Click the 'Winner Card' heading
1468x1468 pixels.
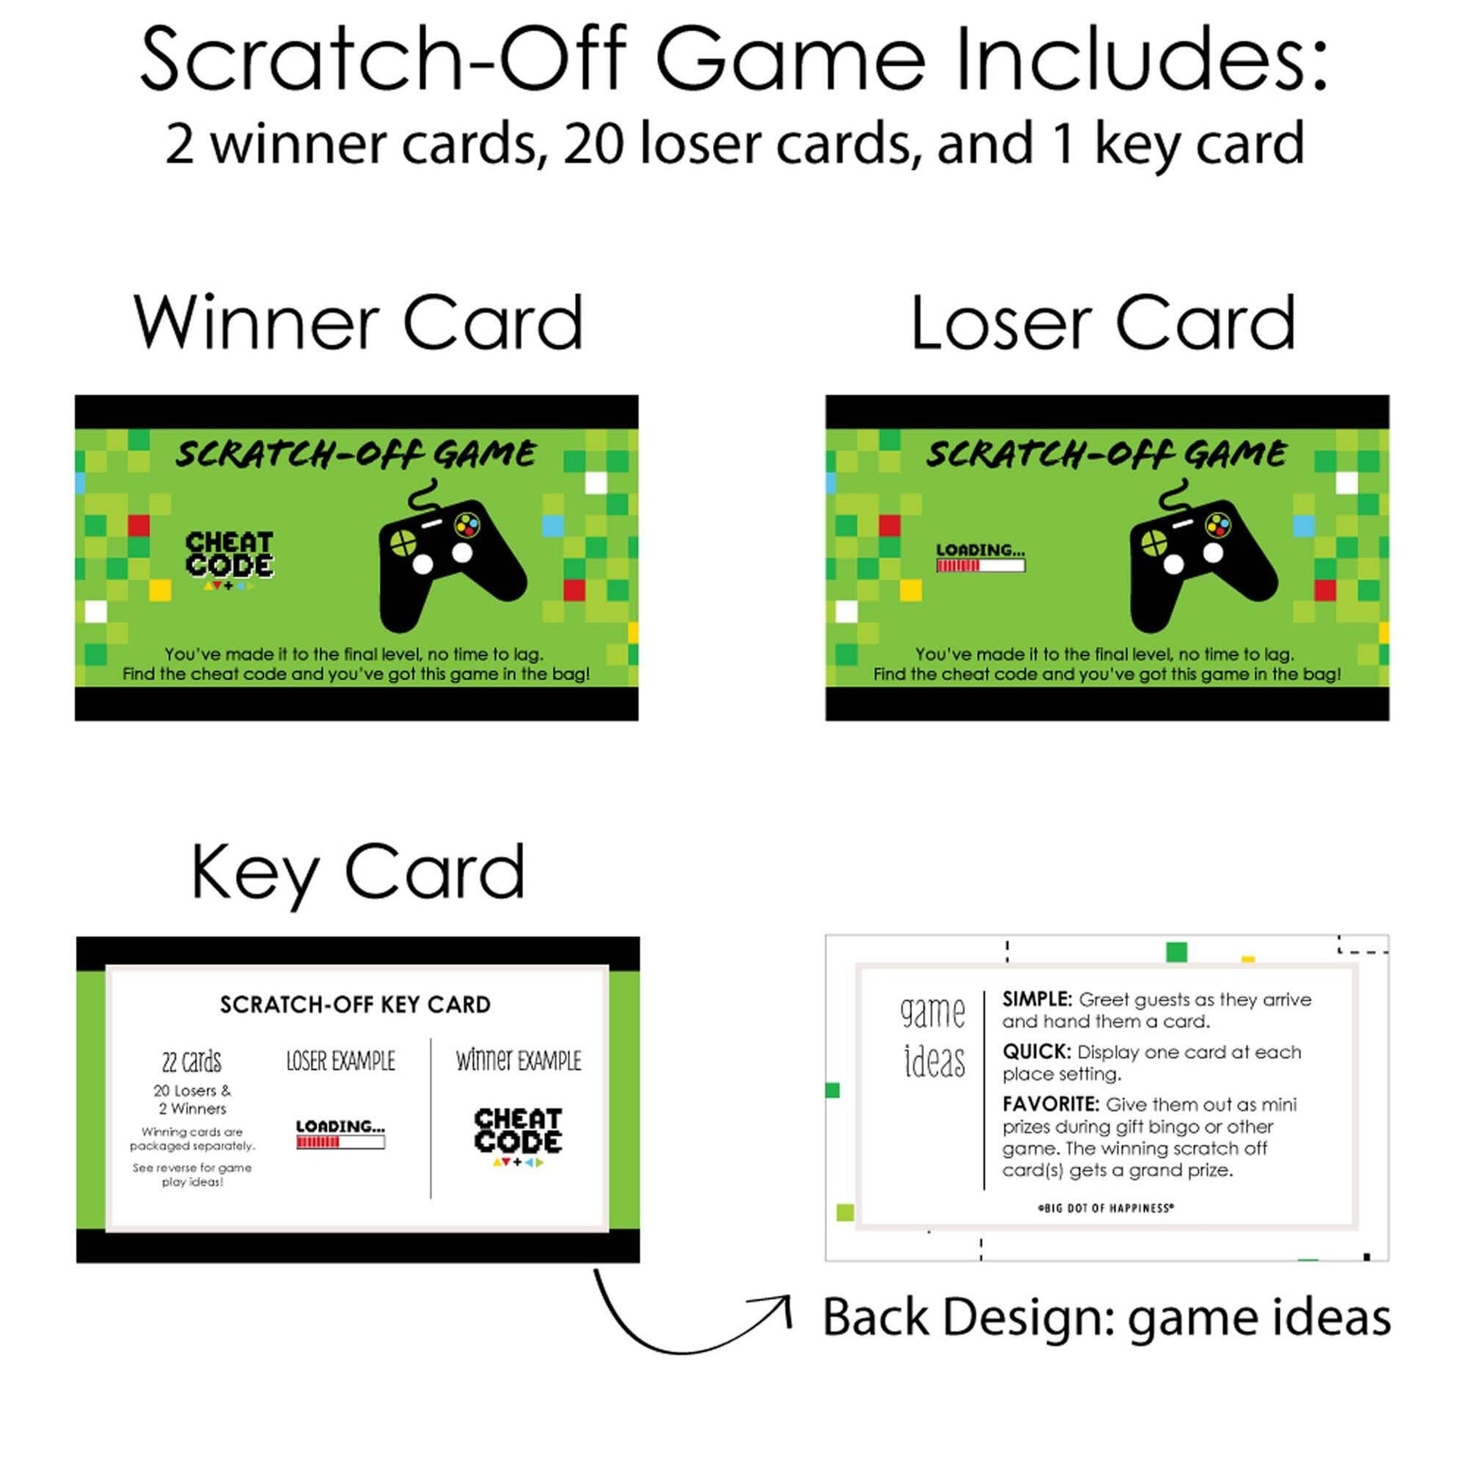[358, 323]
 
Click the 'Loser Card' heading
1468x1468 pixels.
[1103, 323]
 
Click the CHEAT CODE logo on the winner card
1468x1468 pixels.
[229, 559]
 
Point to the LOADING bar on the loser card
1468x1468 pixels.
[980, 557]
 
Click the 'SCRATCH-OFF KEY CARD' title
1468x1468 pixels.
[356, 1004]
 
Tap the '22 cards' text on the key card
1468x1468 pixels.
[192, 1061]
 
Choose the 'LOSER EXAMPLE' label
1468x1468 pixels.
[341, 1060]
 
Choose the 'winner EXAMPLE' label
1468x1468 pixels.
[519, 1060]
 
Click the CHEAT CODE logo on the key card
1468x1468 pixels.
[518, 1136]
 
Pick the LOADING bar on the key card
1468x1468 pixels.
[340, 1134]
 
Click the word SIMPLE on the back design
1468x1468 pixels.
[1037, 999]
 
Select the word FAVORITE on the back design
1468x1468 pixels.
[1051, 1103]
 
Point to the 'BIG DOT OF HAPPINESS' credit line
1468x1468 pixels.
[1106, 1208]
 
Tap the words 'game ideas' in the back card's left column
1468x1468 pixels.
[934, 1037]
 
